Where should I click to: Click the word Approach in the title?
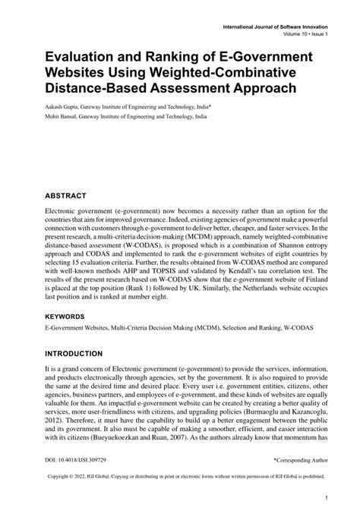point(258,89)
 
